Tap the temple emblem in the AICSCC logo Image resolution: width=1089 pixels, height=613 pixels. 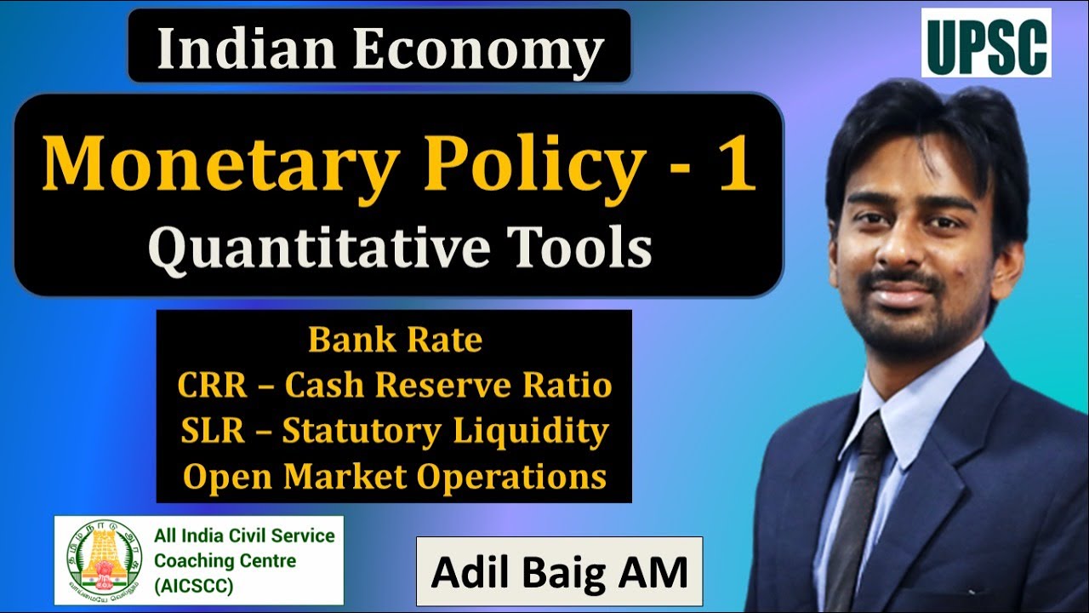(x=103, y=559)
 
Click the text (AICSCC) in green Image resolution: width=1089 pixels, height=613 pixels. (x=193, y=587)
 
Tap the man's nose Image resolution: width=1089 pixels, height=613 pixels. (x=904, y=247)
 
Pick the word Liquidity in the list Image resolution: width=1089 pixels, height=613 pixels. (x=528, y=431)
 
